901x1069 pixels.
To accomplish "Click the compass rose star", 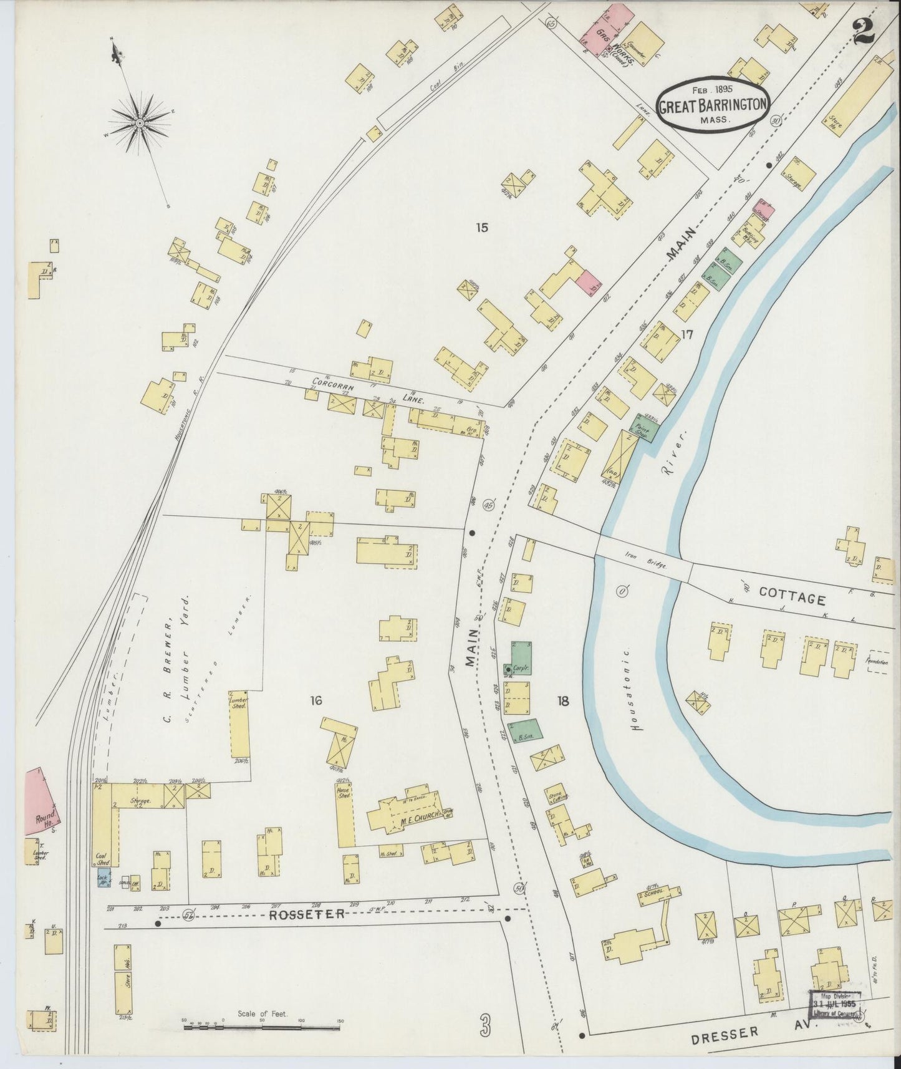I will [x=140, y=123].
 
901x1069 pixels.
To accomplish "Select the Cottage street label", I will [x=793, y=597].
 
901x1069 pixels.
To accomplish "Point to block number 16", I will [x=316, y=701].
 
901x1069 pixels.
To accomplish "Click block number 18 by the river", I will [x=563, y=701].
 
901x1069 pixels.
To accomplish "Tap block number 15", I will [x=481, y=228].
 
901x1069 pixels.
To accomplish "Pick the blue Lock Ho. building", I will [x=102, y=879].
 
